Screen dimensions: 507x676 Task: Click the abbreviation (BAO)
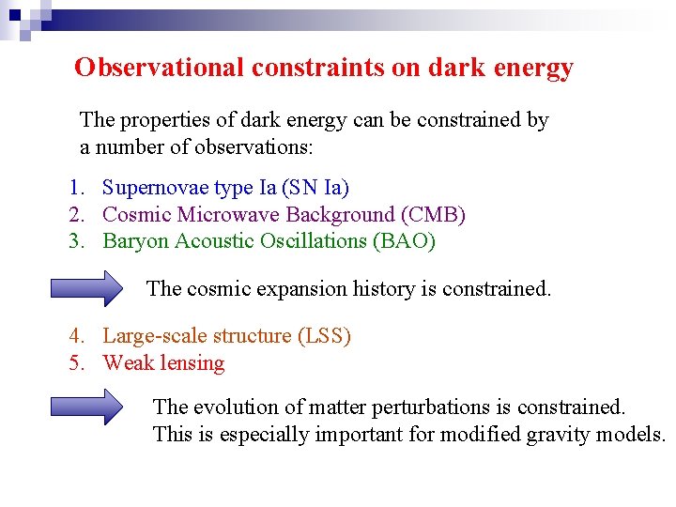(404, 241)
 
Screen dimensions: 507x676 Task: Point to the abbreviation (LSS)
(323, 336)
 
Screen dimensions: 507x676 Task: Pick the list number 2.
(77, 215)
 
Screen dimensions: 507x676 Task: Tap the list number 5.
(77, 363)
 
